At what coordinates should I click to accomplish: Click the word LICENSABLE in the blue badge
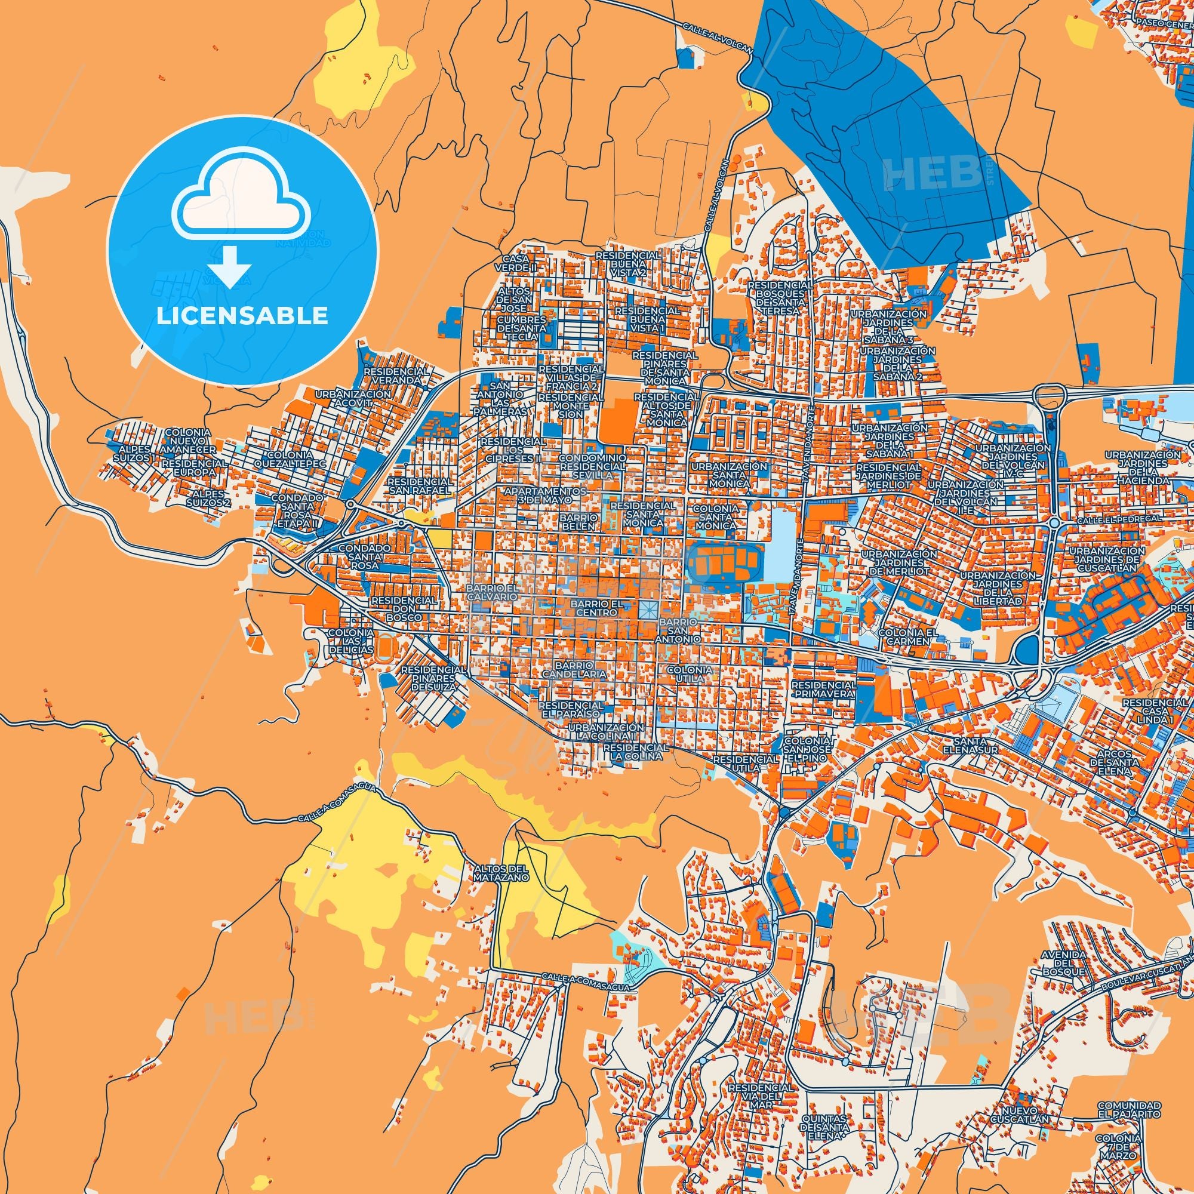242,316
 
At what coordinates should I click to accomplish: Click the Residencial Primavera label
823,690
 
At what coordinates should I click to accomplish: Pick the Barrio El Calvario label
492,593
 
